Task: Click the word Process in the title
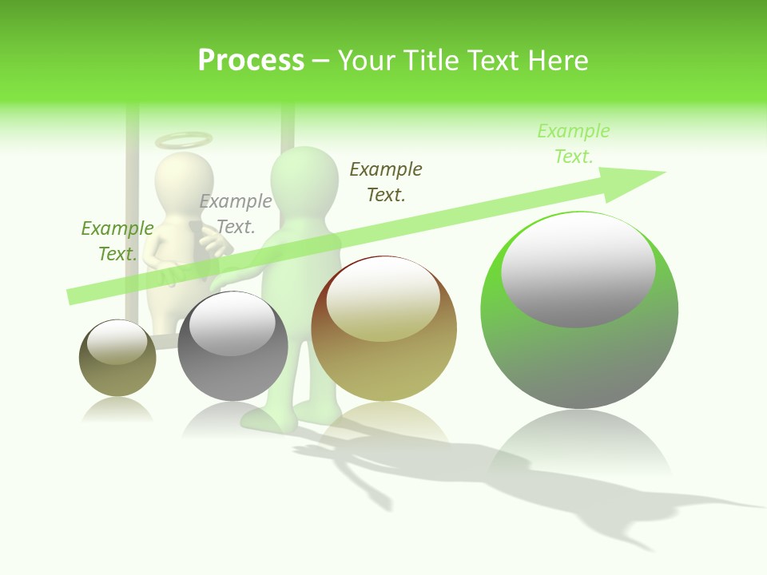251,61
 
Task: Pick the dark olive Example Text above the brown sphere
386,181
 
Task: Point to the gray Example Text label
236,214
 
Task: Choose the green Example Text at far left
117,240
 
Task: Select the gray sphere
232,347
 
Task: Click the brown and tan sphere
383,329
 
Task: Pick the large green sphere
579,311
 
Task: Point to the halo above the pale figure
184,141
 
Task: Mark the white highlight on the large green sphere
578,270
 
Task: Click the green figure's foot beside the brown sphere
268,418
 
